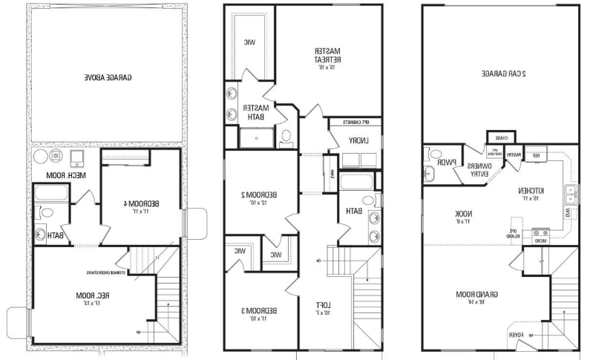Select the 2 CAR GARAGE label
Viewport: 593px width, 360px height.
503,73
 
